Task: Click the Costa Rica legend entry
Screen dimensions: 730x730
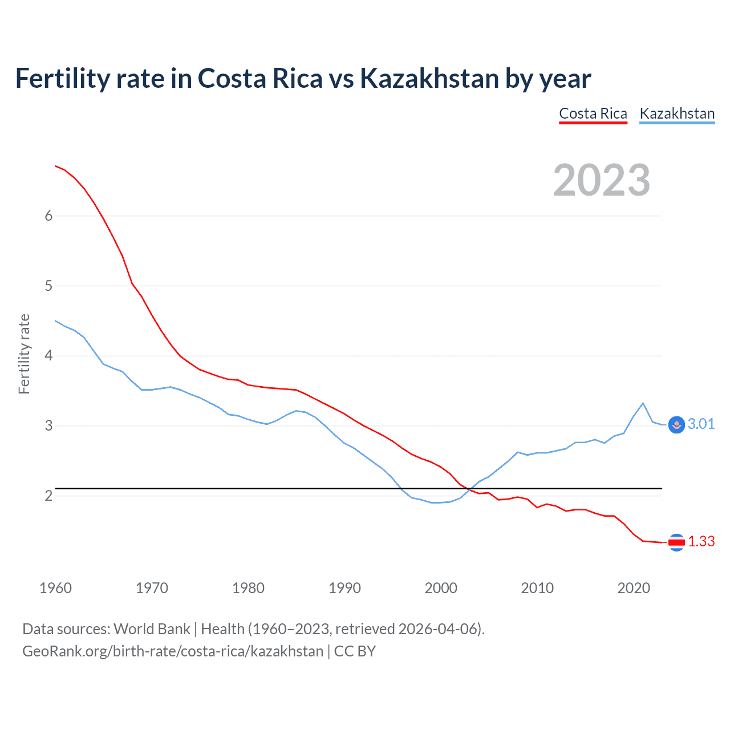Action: tap(593, 113)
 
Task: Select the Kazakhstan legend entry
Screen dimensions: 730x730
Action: tap(677, 113)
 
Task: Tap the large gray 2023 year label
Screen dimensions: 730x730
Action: tap(602, 180)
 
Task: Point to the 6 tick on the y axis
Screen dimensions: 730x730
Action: tap(48, 216)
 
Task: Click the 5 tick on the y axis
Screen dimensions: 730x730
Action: tap(48, 286)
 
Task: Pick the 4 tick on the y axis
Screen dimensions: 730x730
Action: tap(48, 356)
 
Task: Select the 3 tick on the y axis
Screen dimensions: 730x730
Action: tap(48, 425)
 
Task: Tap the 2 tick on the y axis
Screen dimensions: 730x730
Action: tap(48, 496)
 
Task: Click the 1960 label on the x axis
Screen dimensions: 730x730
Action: tap(55, 588)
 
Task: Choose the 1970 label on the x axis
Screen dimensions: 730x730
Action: tap(152, 588)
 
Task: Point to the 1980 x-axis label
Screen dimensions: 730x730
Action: tap(248, 588)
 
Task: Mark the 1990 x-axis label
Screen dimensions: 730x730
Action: tap(344, 588)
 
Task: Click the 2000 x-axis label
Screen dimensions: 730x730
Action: tap(441, 588)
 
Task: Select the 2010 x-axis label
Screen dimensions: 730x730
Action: tap(537, 588)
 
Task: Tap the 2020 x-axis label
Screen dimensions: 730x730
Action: tap(634, 588)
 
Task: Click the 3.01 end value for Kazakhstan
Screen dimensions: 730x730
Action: tap(701, 424)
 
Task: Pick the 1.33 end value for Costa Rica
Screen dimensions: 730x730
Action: tap(701, 541)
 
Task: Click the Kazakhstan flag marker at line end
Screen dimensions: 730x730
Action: tap(676, 425)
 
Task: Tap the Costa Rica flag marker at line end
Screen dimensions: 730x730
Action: tap(676, 542)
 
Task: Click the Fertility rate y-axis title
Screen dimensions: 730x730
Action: tap(24, 354)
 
